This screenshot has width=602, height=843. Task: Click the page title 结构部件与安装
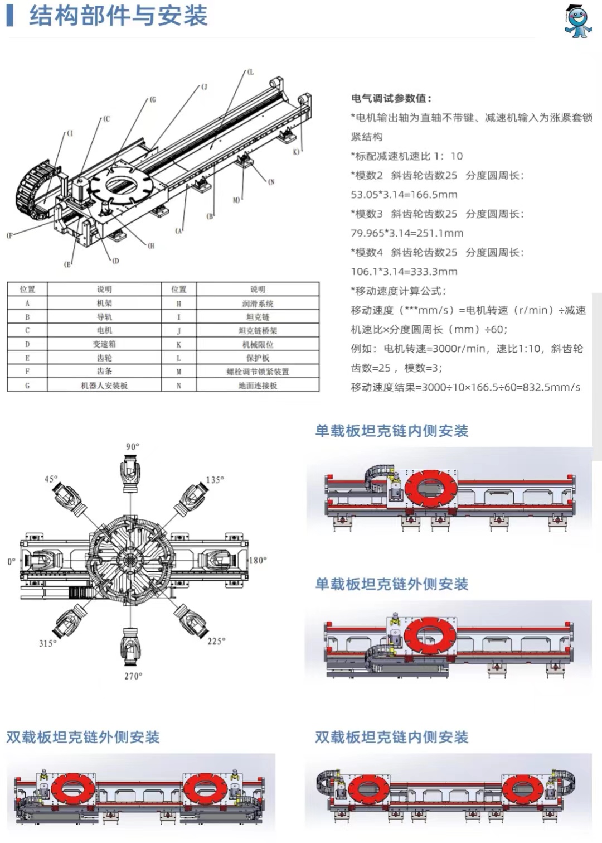118,16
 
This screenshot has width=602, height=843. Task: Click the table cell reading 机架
104,303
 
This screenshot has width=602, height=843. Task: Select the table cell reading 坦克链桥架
258,330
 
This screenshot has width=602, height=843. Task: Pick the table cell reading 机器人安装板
104,385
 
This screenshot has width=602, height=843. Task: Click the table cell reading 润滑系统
258,303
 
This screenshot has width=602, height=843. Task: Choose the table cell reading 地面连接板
258,385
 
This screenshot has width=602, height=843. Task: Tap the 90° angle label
133,446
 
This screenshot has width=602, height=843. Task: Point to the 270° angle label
133,676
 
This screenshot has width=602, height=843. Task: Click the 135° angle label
215,480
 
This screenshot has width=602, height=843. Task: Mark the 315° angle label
47,643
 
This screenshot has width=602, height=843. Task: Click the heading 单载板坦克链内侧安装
391,431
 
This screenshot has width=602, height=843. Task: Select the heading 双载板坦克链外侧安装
83,737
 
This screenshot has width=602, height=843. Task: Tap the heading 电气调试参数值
391,98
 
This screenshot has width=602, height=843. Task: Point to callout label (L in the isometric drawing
250,72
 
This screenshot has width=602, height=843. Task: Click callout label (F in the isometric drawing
9,235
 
